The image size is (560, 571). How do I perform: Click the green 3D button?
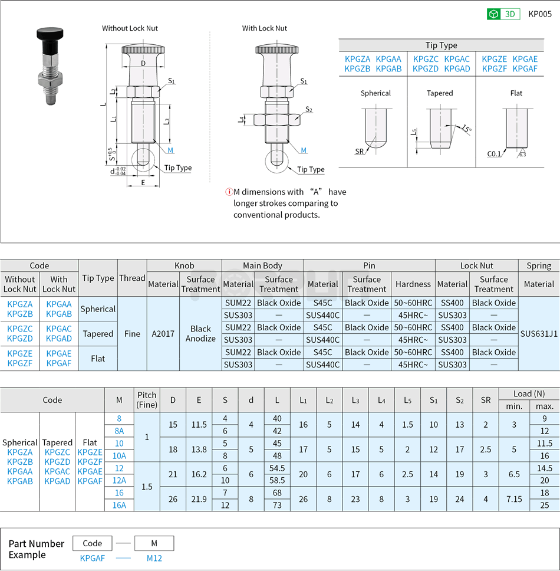[503, 14]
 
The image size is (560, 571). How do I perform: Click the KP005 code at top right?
[539, 14]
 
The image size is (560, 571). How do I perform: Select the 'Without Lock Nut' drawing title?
[130, 28]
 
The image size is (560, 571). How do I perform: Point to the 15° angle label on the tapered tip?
[466, 129]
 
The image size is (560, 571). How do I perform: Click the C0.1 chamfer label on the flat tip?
[494, 154]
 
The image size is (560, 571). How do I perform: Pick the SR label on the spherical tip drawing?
[359, 152]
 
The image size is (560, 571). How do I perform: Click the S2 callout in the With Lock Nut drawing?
[309, 110]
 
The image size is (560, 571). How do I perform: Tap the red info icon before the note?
[229, 192]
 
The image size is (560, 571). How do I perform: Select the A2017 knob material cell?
[163, 333]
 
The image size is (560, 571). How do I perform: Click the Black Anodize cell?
[200, 333]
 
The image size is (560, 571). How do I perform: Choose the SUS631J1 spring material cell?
[539, 333]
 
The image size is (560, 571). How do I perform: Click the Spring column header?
[539, 265]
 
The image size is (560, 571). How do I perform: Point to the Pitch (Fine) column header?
[147, 400]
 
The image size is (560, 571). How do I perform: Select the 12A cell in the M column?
[119, 480]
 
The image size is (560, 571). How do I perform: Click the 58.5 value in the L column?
[277, 480]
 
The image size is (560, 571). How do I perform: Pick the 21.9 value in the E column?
[199, 499]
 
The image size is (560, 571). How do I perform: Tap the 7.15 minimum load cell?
[514, 499]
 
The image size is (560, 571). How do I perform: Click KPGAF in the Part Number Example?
[93, 558]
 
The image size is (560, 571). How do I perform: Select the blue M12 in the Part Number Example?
[154, 558]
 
